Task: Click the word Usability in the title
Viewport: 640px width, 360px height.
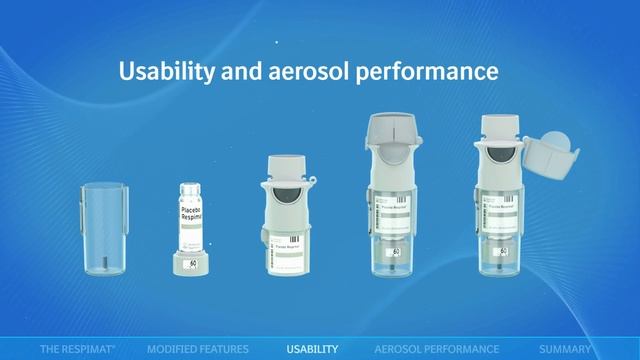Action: point(163,72)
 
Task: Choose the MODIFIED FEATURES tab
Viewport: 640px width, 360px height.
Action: point(197,349)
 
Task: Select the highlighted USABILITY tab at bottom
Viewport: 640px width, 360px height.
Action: point(312,349)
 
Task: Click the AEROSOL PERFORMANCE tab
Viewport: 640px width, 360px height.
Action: point(436,349)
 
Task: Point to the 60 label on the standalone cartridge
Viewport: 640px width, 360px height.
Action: point(192,264)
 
